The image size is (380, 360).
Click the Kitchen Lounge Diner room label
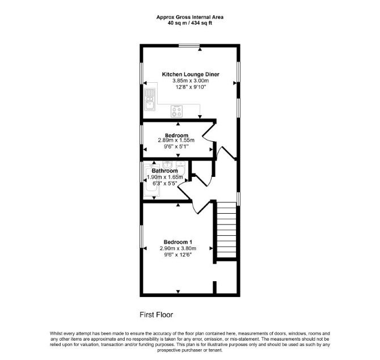pos(191,74)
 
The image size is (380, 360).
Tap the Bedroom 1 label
pos(178,242)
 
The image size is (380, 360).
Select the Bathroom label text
pos(165,171)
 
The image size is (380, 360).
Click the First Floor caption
pos(157,315)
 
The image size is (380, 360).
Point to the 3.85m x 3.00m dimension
pos(191,81)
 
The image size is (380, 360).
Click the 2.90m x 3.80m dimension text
pos(178,248)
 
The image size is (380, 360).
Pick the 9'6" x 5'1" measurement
pos(176,147)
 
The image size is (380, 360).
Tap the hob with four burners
pos(176,112)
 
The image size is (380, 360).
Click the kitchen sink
pos(150,100)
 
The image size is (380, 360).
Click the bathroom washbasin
pos(167,165)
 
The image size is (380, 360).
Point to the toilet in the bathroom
pos(181,168)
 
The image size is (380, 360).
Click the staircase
pos(226,230)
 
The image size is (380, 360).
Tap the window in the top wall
pos(189,45)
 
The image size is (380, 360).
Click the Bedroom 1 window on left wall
pos(142,236)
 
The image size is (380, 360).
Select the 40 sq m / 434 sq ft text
pos(190,23)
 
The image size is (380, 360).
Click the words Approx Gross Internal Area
pos(190,17)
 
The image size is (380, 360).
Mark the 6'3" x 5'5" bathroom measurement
pos(165,183)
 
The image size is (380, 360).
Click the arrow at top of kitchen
pos(200,49)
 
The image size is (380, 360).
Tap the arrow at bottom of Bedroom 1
pos(178,291)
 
